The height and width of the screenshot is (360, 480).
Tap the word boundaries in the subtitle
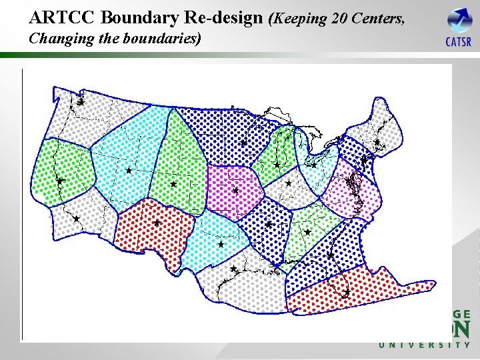pyautogui.click(x=162, y=38)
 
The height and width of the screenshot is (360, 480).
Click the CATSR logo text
pyautogui.click(x=459, y=42)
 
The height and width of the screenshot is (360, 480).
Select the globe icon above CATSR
pyautogui.click(x=459, y=20)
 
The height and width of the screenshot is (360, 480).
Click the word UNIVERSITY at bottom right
pyautogui.click(x=425, y=345)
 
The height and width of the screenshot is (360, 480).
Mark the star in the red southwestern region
pyautogui.click(x=157, y=223)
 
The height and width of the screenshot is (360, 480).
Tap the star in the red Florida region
pyautogui.click(x=347, y=292)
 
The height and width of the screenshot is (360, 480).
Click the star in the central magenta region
pyautogui.click(x=235, y=191)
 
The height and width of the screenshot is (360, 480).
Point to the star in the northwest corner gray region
pyautogui.click(x=80, y=102)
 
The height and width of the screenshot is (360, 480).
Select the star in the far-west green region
pyautogui.click(x=59, y=181)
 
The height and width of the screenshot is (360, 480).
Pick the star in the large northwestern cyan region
pyautogui.click(x=129, y=171)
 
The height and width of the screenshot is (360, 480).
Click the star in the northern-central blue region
pyautogui.click(x=243, y=143)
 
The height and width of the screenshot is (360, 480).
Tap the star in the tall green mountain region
pyautogui.click(x=173, y=183)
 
